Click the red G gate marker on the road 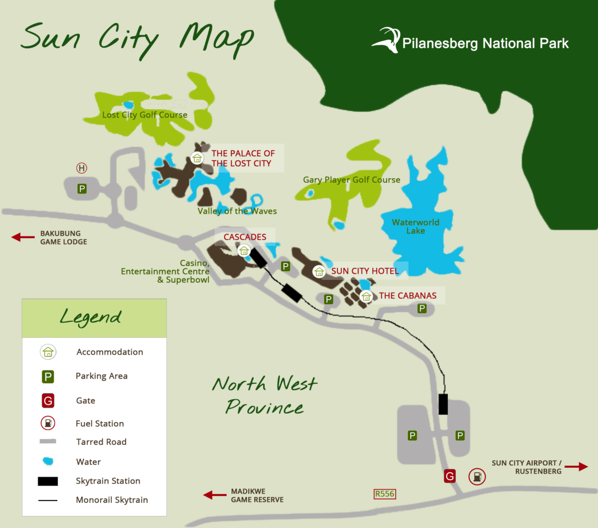click(x=449, y=476)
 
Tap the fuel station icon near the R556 click(x=477, y=477)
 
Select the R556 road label click(x=385, y=494)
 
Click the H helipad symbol click(x=82, y=168)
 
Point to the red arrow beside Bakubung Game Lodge click(x=23, y=237)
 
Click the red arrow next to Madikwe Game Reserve click(x=215, y=495)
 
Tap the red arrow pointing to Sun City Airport click(x=576, y=467)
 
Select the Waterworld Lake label click(x=416, y=226)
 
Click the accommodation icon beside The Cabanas click(x=366, y=296)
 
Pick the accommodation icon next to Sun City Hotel click(x=319, y=272)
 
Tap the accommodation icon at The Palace click(x=197, y=158)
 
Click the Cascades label click(x=245, y=237)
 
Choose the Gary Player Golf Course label click(x=351, y=180)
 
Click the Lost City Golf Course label click(x=145, y=114)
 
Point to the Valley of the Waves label click(x=237, y=211)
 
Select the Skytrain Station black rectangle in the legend click(x=48, y=481)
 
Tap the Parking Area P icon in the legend click(x=48, y=377)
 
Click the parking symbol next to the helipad click(x=82, y=189)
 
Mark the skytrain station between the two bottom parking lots click(x=443, y=404)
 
